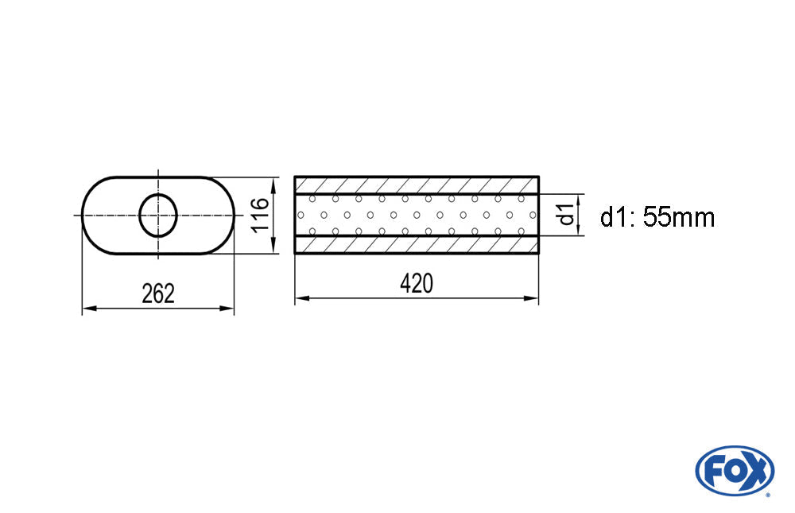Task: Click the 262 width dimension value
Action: coord(158,293)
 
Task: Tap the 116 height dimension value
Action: coord(261,215)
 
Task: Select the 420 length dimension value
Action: coord(417,284)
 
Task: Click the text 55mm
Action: coord(680,218)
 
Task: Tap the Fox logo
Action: coord(734,471)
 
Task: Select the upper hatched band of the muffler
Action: coord(417,185)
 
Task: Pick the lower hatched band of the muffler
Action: coord(417,245)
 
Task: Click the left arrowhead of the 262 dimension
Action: coord(89,308)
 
